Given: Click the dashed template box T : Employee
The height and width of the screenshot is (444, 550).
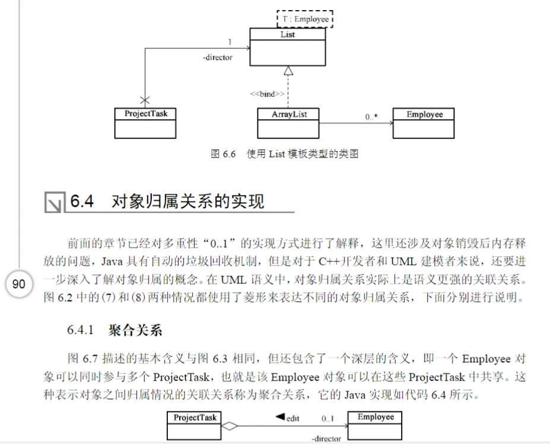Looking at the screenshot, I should click(305, 19).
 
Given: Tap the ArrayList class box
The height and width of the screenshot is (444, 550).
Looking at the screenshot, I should click(288, 123).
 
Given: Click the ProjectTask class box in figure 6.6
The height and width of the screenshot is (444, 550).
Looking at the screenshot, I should click(145, 123).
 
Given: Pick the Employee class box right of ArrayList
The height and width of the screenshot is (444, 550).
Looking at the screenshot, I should click(424, 123).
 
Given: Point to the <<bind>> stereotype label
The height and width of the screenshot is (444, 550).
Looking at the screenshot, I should click(266, 94).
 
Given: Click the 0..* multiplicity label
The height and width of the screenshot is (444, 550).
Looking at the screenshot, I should click(372, 117).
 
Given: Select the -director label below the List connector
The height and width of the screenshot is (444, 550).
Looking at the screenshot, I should click(217, 58).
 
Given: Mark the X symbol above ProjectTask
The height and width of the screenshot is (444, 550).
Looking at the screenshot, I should click(145, 99).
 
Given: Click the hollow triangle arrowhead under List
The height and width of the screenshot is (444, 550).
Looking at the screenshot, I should click(288, 71).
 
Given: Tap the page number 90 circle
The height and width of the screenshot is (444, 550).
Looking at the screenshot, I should click(19, 284).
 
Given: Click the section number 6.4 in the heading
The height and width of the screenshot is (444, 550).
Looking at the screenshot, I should click(82, 202).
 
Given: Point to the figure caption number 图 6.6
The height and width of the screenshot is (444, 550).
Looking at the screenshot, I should click(224, 154).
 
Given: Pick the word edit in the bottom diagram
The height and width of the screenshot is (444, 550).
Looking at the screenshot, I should click(293, 419).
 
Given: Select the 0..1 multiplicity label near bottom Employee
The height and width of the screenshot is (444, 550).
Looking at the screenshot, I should click(328, 419).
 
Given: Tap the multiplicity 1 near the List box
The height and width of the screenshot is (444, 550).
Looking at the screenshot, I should click(230, 41).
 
